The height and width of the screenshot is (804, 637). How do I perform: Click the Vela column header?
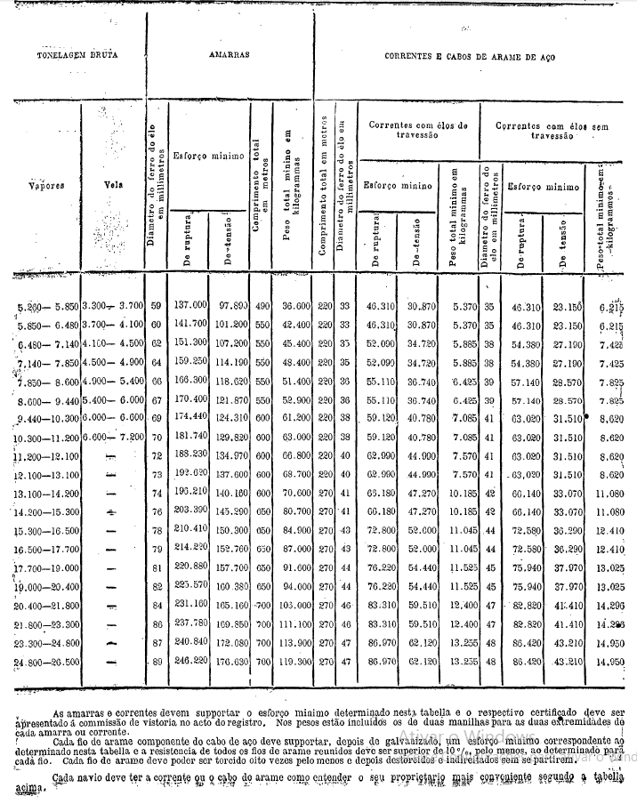[112, 188]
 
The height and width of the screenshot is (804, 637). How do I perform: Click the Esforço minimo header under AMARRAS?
[208, 157]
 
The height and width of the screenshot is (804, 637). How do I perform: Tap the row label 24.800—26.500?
[48, 662]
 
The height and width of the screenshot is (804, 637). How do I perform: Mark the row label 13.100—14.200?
[48, 493]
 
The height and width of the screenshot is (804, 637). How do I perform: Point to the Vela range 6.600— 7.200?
[112, 437]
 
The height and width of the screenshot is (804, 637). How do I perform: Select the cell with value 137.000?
[191, 305]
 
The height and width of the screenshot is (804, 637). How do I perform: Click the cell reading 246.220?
[191, 662]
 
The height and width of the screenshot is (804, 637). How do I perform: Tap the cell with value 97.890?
[230, 305]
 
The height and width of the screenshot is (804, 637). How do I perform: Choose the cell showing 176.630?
[230, 662]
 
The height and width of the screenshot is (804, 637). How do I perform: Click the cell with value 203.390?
[191, 511]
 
